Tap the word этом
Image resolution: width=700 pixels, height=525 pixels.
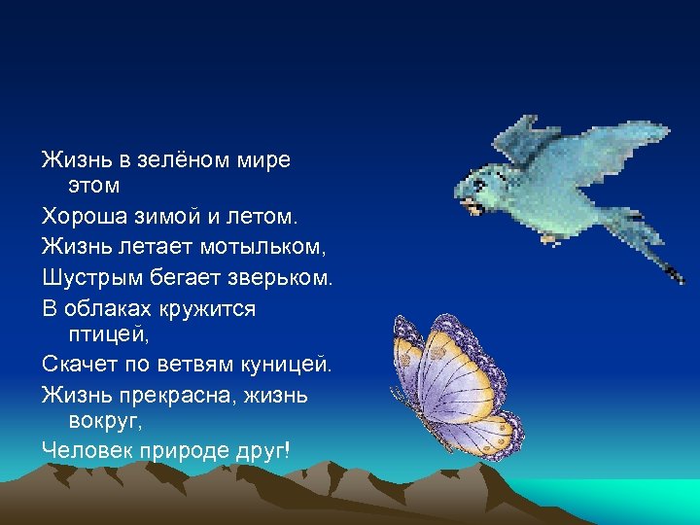tap(95, 185)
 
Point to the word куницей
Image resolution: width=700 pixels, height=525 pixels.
tap(284, 366)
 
